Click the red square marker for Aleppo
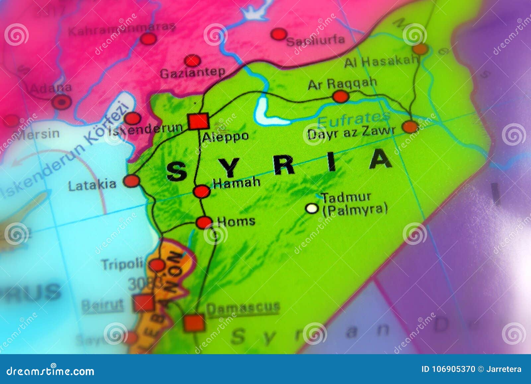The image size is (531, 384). point(198,121)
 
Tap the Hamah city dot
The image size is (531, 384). point(201,192)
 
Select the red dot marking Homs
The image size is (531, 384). point(204,222)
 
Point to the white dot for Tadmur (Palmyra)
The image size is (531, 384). point(312,208)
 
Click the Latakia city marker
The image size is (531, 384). point(131,181)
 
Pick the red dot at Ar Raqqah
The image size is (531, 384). point(341,97)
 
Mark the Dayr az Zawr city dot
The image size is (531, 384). point(410,127)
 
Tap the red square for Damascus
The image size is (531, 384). point(194,322)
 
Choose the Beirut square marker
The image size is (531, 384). point(144,303)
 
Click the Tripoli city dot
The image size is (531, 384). point(157,265)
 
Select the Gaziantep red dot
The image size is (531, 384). point(192,61)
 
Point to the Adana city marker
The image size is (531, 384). point(61,102)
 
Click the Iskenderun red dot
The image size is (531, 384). point(133,118)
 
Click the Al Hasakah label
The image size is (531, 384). point(381,61)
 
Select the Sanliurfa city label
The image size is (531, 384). point(315,40)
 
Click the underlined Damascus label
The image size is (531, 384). point(243,308)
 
